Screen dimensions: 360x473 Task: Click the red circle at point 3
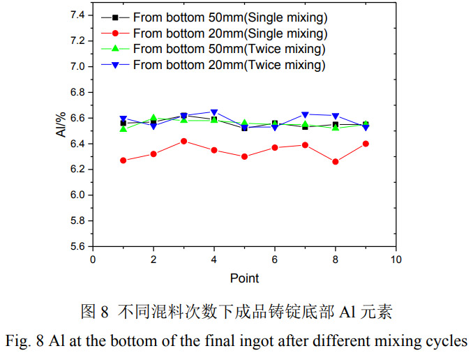183,141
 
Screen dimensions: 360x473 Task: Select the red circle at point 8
336,161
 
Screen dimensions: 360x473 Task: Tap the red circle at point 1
123,160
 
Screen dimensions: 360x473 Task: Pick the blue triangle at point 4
214,112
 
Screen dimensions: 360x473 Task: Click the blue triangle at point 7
305,114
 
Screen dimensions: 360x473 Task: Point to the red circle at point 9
366,144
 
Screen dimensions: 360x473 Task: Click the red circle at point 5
244,156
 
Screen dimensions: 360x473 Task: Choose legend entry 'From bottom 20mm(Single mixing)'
230,33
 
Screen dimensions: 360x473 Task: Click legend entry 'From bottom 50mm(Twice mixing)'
229,49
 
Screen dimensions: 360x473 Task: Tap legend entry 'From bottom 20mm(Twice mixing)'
229,65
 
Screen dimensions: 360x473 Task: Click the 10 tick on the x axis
396,259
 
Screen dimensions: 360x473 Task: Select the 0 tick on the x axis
93,259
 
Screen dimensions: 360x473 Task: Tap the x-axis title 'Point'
244,278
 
